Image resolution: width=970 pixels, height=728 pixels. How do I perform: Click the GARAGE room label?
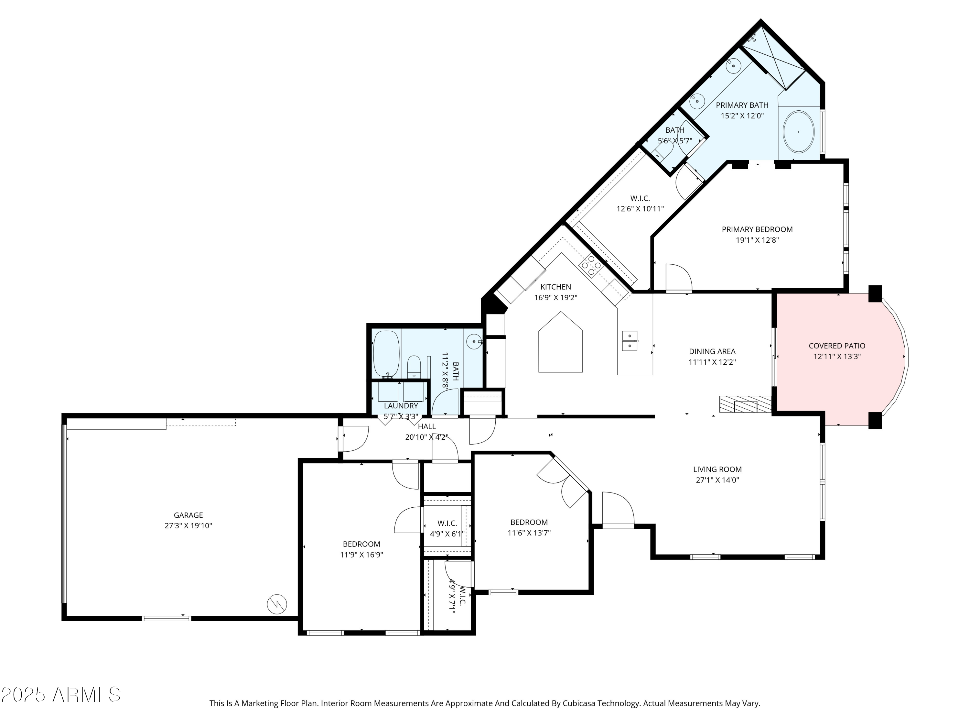click(x=188, y=515)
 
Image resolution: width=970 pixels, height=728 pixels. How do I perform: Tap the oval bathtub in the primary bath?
click(x=799, y=132)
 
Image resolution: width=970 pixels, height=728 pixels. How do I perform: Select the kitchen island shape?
click(x=560, y=342)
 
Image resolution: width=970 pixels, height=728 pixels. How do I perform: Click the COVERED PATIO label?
click(x=837, y=346)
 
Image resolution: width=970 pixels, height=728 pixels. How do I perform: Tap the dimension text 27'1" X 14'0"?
click(x=717, y=480)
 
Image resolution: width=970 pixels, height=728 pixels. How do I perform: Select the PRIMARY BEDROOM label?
click(x=757, y=229)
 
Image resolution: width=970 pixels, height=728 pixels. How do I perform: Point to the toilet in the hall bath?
click(x=414, y=367)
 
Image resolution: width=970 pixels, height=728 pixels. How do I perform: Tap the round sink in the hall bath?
click(x=474, y=341)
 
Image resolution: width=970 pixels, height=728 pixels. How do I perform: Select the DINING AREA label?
click(x=712, y=351)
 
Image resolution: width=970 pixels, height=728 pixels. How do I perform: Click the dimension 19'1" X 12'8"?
click(x=757, y=240)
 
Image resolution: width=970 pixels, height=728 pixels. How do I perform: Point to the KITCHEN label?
click(x=555, y=287)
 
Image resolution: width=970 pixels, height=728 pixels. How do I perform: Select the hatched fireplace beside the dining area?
click(x=746, y=404)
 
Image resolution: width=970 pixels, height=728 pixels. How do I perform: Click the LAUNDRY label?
click(x=401, y=406)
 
